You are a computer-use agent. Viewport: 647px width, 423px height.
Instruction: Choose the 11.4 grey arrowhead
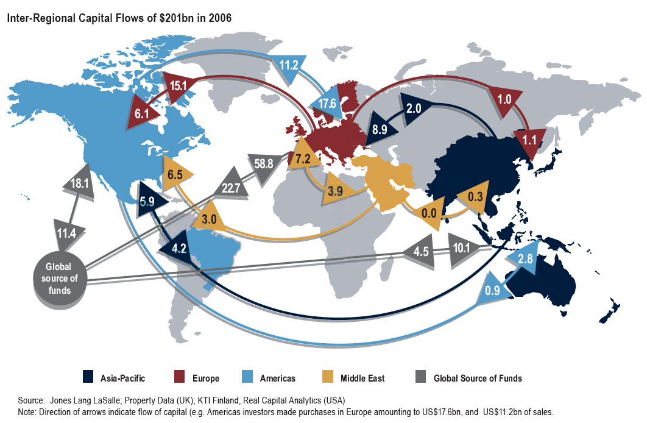[x=69, y=232]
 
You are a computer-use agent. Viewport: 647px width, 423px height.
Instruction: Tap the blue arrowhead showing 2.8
[x=525, y=257]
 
